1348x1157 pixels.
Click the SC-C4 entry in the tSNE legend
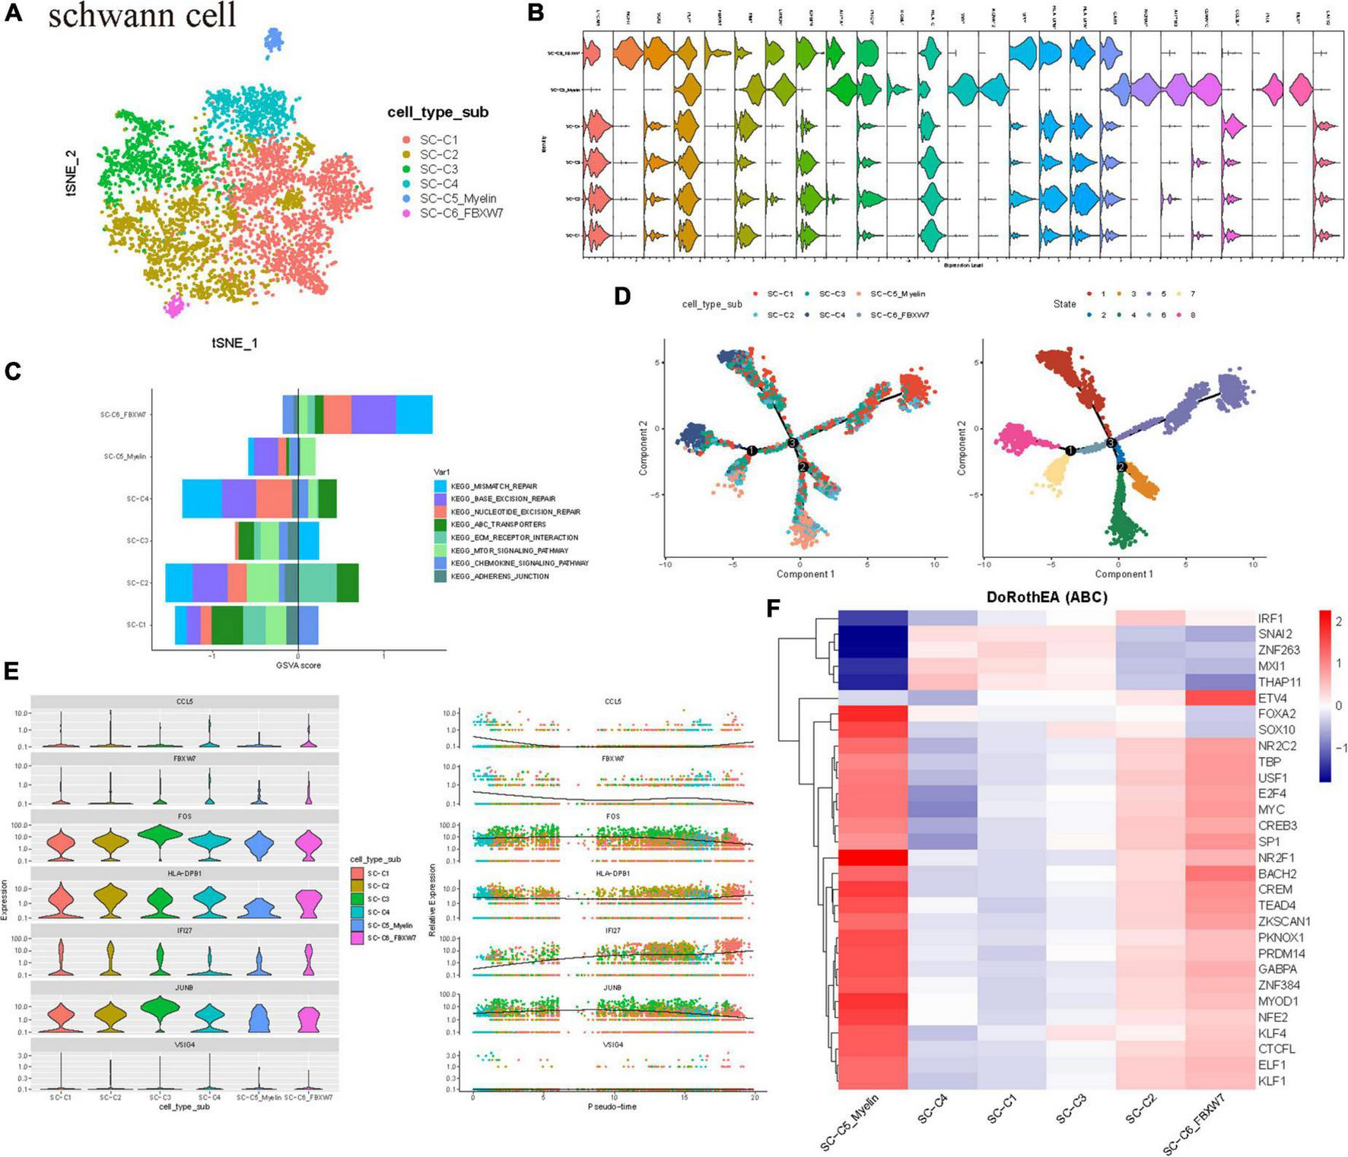(439, 184)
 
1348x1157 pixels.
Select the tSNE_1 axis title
(234, 343)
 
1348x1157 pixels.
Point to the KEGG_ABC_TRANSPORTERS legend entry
(498, 525)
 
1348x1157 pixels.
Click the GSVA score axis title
(299, 665)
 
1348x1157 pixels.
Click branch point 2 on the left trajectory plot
(802, 467)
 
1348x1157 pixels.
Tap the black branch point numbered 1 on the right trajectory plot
(1070, 451)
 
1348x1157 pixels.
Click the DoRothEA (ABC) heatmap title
(1046, 598)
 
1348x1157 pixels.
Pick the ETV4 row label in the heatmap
(1273, 698)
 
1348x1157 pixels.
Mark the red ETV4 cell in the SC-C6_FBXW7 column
(1219, 698)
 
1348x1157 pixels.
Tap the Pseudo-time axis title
(612, 1107)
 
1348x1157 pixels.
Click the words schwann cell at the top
(142, 14)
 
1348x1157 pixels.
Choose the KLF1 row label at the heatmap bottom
(1272, 1080)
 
